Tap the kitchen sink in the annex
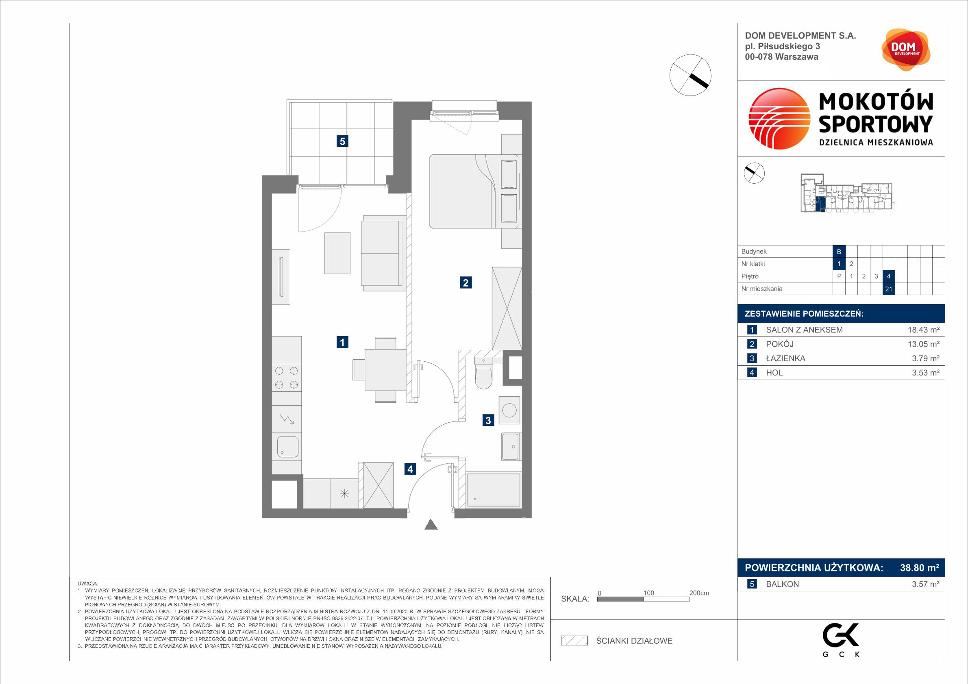point(287,447)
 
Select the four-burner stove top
point(287,378)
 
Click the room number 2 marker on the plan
point(466,282)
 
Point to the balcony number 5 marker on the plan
point(342,141)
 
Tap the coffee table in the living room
point(337,253)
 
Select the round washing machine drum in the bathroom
point(509,410)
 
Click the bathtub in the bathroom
point(493,490)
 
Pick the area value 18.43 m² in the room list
point(923,330)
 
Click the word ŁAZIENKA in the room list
point(785,358)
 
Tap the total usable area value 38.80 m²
point(920,568)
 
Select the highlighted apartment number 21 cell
point(889,289)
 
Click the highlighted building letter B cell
point(839,252)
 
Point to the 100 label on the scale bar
point(648,593)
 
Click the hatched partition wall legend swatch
point(574,641)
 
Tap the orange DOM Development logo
point(906,50)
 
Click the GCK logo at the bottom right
point(841,640)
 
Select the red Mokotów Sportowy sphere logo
point(779,118)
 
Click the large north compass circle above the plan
point(690,75)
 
